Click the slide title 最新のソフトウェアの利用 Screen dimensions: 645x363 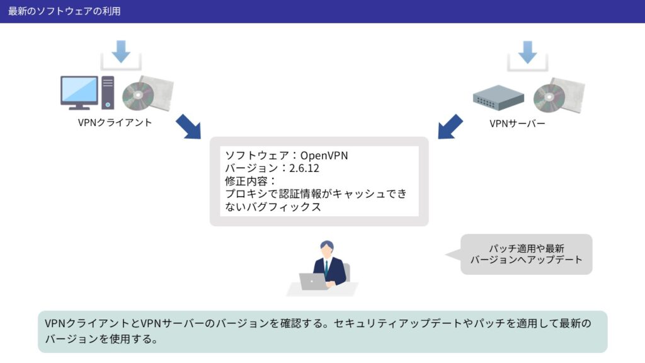pos(64,11)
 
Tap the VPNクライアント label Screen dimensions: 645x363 pos(115,123)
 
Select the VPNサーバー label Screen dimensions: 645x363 pos(517,124)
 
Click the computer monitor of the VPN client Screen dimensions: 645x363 pos(79,93)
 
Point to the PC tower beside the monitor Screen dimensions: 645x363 pos(108,93)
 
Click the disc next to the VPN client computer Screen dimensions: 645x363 pos(138,96)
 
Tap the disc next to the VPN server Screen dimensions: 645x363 pos(549,98)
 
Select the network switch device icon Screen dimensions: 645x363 pos(498,98)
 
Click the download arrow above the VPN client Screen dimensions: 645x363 pos(121,52)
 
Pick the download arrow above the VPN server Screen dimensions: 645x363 pos(527,52)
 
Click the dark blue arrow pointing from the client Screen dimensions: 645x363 pos(189,126)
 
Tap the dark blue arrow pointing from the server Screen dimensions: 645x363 pos(450,126)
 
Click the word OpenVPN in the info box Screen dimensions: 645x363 pos(324,156)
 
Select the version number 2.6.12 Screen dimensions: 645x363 pos(304,168)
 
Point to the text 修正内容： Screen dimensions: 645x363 pos(251,181)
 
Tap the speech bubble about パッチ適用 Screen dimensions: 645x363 pos(526,255)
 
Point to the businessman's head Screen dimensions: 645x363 pos(327,249)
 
